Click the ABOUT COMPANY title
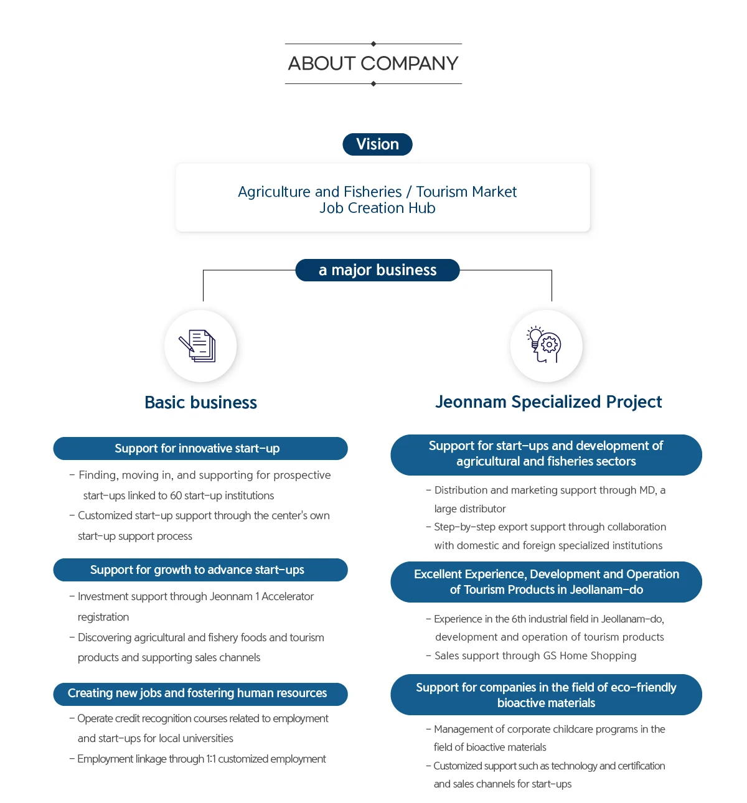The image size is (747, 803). [x=373, y=63]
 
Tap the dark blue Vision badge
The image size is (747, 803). [x=377, y=144]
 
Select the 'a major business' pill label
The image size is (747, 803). [x=377, y=270]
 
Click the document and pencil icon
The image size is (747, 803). [x=200, y=346]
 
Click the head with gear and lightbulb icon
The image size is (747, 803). [x=546, y=345]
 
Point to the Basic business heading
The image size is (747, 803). [x=200, y=403]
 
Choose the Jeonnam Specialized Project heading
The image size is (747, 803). [x=548, y=402]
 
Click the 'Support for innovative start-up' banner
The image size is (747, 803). [x=200, y=449]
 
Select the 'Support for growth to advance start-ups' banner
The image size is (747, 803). [x=200, y=570]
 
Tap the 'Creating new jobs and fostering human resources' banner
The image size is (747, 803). [x=200, y=693]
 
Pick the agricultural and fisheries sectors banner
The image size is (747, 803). [x=546, y=454]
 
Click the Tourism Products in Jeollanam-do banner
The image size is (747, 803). [x=546, y=582]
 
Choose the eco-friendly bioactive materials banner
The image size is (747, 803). [x=546, y=695]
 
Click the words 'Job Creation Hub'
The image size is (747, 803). [x=377, y=209]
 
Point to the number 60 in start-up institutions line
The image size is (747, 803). [x=176, y=495]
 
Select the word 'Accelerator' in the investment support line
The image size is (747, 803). [x=288, y=596]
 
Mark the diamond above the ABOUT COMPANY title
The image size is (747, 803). [x=374, y=44]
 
